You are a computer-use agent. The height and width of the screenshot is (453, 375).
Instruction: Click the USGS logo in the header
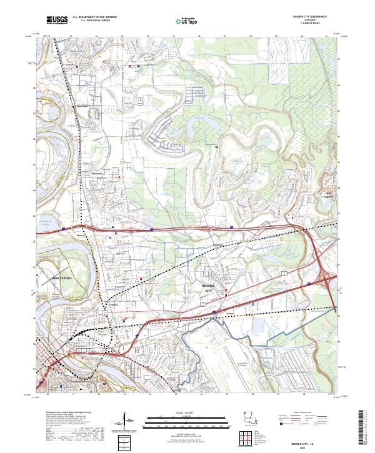pyautogui.click(x=57, y=21)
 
